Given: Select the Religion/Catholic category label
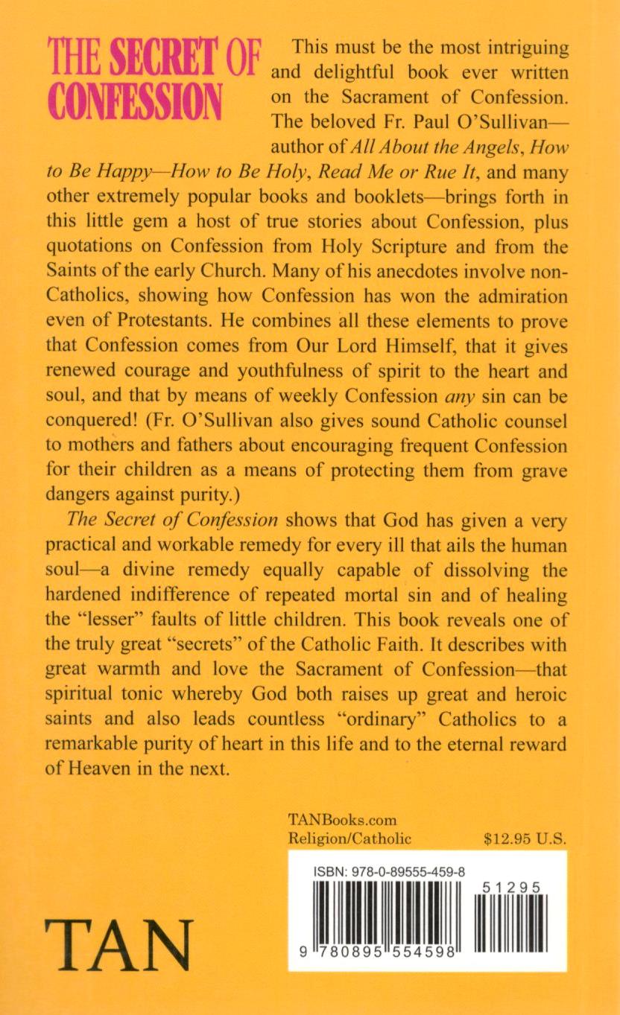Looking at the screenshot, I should click(x=349, y=838).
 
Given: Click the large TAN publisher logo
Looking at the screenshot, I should click(x=119, y=944).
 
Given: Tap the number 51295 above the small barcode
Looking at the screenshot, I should click(x=511, y=888).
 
